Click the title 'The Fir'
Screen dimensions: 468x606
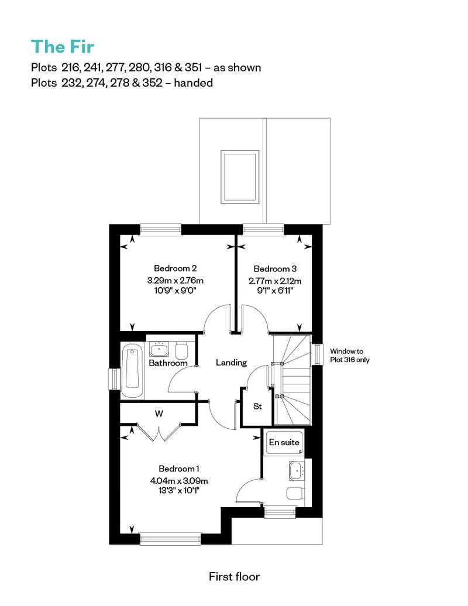pyautogui.click(x=63, y=47)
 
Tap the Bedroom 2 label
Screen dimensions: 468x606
pyautogui.click(x=175, y=268)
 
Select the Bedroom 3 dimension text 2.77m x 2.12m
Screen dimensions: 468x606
pyautogui.click(x=275, y=281)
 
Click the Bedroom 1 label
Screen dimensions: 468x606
pyautogui.click(x=179, y=469)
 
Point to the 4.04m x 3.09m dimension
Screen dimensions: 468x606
pyautogui.click(x=179, y=481)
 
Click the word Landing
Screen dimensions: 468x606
pyautogui.click(x=231, y=363)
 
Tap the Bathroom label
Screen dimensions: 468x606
pyautogui.click(x=168, y=363)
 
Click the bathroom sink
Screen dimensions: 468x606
pyautogui.click(x=159, y=349)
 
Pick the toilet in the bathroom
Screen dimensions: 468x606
pyautogui.click(x=181, y=350)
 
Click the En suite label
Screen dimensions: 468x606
pyautogui.click(x=284, y=442)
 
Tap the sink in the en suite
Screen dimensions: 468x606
pyautogui.click(x=297, y=471)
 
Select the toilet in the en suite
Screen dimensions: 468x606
pyautogui.click(x=295, y=493)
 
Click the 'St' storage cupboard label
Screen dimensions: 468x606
pyautogui.click(x=257, y=406)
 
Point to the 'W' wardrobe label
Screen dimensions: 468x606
pyautogui.click(x=159, y=414)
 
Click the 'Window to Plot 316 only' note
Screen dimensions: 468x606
pyautogui.click(x=349, y=356)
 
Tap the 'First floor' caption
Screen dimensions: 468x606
pyautogui.click(x=234, y=577)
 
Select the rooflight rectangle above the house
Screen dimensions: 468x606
pyautogui.click(x=240, y=177)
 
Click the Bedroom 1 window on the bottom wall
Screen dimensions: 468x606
pyautogui.click(x=170, y=539)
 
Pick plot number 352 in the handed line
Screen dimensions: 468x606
pyautogui.click(x=152, y=82)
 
